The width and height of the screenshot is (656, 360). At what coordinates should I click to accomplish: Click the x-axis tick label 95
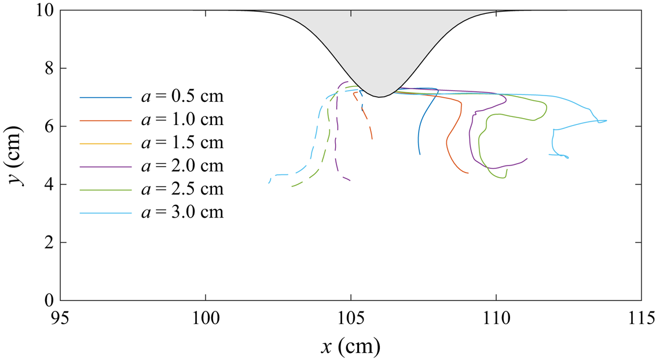(60, 318)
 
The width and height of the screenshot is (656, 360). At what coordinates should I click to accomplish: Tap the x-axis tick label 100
(206, 318)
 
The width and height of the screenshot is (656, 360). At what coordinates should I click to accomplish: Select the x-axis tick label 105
(351, 318)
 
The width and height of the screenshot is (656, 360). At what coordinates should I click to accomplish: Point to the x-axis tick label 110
(496, 318)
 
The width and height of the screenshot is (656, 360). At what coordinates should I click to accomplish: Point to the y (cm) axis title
(16, 156)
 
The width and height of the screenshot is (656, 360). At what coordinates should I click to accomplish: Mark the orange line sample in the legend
(105, 120)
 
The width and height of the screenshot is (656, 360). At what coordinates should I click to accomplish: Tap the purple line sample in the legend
(105, 166)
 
